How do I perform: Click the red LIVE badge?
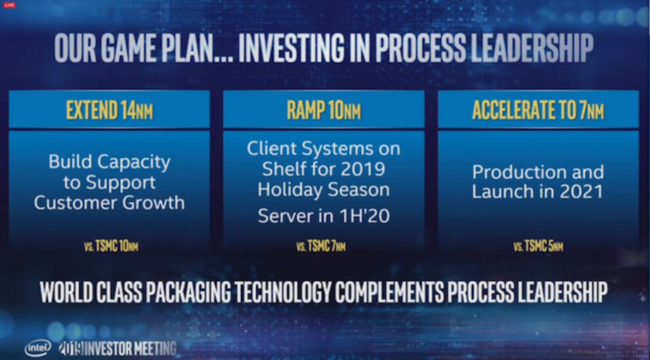pyautogui.click(x=9, y=5)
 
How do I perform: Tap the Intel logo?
pyautogui.click(x=38, y=348)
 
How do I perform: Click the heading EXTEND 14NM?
pyautogui.click(x=110, y=110)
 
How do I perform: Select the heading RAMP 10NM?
pyautogui.click(x=324, y=110)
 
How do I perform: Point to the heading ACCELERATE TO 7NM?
pyautogui.click(x=538, y=110)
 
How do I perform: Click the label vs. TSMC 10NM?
pyautogui.click(x=111, y=246)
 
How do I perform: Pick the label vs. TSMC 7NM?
pyautogui.click(x=321, y=246)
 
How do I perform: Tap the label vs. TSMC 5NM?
pyautogui.click(x=538, y=246)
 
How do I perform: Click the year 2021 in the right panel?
pyautogui.click(x=581, y=191)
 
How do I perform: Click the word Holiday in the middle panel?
pyautogui.click(x=289, y=190)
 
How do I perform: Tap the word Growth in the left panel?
pyautogui.click(x=155, y=203)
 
